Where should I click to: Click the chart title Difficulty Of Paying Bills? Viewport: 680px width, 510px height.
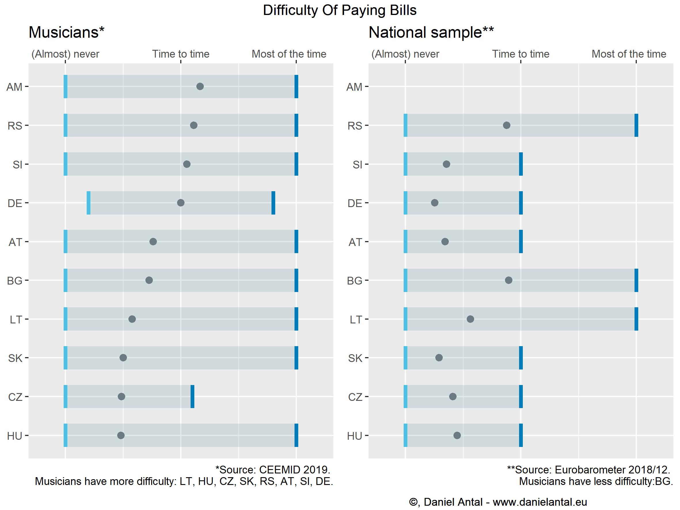(x=340, y=10)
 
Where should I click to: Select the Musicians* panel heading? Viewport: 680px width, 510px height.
(x=67, y=32)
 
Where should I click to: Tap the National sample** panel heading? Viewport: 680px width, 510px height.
(x=431, y=32)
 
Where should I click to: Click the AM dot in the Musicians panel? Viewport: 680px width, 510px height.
(x=200, y=86)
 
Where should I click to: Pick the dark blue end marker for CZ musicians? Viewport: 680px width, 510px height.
(x=192, y=397)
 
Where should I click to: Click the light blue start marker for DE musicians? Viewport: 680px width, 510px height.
(x=89, y=203)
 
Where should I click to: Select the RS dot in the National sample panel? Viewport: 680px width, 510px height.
(x=507, y=125)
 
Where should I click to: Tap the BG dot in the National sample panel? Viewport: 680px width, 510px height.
(x=509, y=280)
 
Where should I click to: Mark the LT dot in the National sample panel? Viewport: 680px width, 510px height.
(x=470, y=319)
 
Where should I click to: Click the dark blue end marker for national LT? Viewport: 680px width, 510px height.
(x=636, y=319)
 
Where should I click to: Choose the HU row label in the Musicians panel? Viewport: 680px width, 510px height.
(x=15, y=436)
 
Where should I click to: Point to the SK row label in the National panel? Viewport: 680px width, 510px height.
(x=355, y=358)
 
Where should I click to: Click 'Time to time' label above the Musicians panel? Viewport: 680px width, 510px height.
(x=181, y=54)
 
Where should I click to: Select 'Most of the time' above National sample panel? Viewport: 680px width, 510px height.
(x=629, y=54)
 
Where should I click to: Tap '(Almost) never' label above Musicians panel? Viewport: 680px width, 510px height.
(x=65, y=54)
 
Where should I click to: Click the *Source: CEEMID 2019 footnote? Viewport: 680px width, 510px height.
(x=273, y=470)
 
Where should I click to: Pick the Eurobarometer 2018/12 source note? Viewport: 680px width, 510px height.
(x=588, y=470)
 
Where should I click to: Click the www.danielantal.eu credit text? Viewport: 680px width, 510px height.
(x=540, y=502)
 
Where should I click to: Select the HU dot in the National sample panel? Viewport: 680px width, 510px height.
(x=457, y=435)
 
